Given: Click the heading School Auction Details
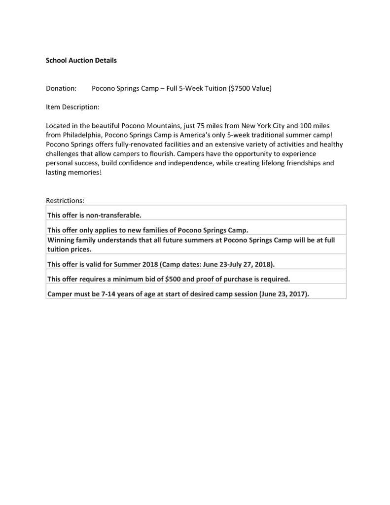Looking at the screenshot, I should pos(81,61).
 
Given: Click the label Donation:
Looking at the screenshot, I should pos(61,89).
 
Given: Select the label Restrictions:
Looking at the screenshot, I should pos(65,201).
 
